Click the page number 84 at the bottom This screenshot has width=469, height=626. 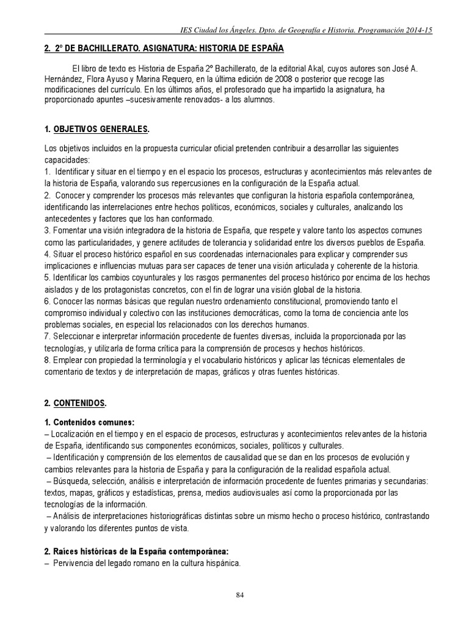tap(239, 597)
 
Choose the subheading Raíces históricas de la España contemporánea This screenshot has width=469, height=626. tap(140, 551)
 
